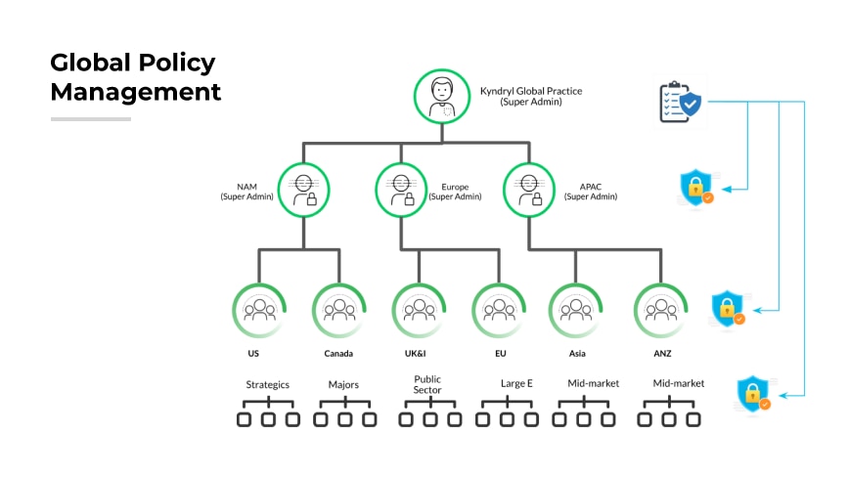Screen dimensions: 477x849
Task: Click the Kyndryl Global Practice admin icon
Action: point(443,96)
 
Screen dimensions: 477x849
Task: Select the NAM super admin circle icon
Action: point(303,189)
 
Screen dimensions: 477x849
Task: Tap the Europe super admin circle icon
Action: point(401,189)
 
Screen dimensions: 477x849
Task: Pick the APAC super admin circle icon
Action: point(529,189)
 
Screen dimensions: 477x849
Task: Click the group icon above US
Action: point(259,311)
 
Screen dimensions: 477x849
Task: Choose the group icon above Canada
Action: point(338,311)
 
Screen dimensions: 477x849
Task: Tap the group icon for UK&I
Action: point(419,311)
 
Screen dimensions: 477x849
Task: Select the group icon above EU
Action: point(499,311)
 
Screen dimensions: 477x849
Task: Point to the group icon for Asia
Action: point(575,311)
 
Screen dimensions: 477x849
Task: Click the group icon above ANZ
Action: point(662,311)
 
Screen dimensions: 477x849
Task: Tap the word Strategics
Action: point(267,384)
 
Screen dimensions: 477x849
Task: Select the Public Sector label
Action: point(427,384)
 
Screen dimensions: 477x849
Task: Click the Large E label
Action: point(516,384)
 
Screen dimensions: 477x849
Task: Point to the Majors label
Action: point(344,384)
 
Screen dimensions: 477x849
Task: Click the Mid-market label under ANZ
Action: point(678,383)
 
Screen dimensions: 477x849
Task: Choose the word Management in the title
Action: point(136,93)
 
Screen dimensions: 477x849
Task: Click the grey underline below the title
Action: point(91,119)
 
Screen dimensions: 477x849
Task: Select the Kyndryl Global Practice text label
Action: point(531,91)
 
